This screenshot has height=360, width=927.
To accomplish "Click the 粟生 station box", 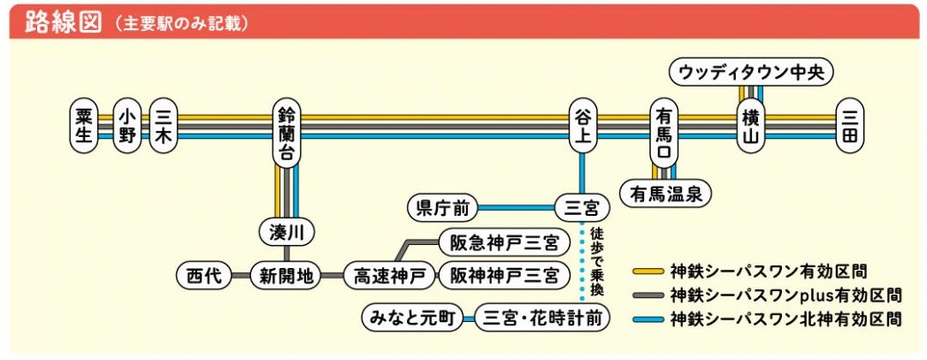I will [x=84, y=126].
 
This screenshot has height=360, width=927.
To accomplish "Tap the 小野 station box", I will [x=127, y=126].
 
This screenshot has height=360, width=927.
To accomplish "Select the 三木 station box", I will [x=163, y=126].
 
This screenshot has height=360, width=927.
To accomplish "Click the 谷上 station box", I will [x=581, y=126].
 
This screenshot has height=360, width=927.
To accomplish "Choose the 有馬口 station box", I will [x=664, y=131].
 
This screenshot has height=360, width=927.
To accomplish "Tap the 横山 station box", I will [x=751, y=126].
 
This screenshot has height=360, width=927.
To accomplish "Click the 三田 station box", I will [x=850, y=126].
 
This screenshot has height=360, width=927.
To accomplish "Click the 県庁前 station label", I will [x=441, y=209].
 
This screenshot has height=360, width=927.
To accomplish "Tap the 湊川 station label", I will [x=286, y=233].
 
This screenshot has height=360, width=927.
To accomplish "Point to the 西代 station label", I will [x=203, y=276].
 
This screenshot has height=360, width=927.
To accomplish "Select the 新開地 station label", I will [x=286, y=276].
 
